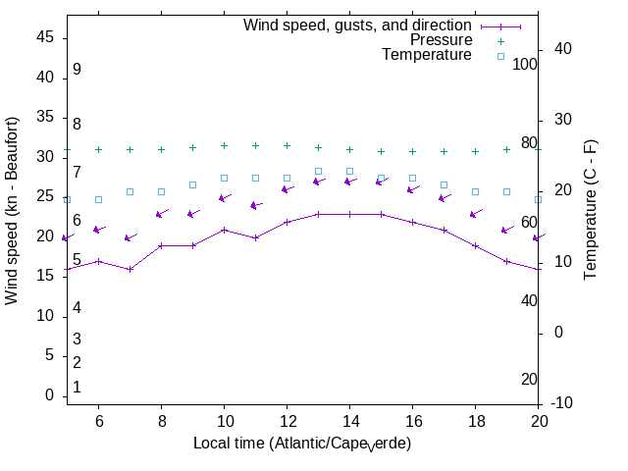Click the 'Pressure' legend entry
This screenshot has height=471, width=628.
(441, 40)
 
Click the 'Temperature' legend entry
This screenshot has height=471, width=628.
(427, 56)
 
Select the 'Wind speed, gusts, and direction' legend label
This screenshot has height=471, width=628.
(357, 25)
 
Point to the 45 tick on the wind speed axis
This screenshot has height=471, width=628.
(45, 36)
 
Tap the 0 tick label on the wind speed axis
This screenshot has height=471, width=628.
(49, 395)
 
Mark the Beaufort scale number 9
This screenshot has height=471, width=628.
(77, 70)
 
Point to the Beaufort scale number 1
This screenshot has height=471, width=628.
(77, 388)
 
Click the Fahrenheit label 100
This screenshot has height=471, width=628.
(525, 64)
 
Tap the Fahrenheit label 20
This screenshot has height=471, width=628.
(530, 380)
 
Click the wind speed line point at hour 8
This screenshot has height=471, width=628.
(161, 245)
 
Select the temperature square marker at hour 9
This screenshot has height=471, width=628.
(192, 184)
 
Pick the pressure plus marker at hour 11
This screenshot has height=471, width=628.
(255, 145)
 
